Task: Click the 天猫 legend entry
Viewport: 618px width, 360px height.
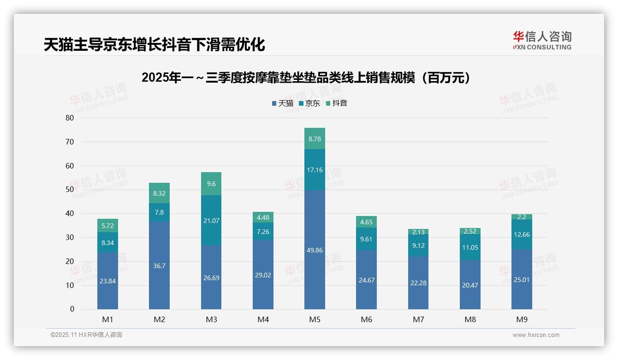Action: point(282,103)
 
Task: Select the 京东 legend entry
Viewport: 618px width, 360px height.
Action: point(309,103)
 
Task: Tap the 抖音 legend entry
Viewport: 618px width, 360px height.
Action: point(336,103)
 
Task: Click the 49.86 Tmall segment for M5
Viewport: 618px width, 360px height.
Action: point(315,250)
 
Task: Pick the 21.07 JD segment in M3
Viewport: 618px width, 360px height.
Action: point(211,220)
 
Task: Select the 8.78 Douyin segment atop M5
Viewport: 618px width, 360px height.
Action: point(315,138)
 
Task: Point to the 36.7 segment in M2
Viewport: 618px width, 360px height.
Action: point(160,265)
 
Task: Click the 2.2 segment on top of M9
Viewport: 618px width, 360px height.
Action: point(522,217)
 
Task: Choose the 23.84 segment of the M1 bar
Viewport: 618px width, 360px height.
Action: point(107,281)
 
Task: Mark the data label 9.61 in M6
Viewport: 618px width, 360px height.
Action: point(367,239)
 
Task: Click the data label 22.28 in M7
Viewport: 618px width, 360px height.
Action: point(418,282)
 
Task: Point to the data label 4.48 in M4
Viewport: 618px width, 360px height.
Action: point(263,217)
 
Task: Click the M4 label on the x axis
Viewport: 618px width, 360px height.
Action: point(263,319)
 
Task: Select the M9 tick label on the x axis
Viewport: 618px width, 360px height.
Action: point(522,319)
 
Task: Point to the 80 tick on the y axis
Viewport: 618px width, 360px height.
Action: point(70,118)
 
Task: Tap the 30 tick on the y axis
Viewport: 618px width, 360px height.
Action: point(70,237)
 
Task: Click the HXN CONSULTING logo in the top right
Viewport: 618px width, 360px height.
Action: point(542,40)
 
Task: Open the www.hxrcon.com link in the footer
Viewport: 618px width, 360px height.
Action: point(535,335)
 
